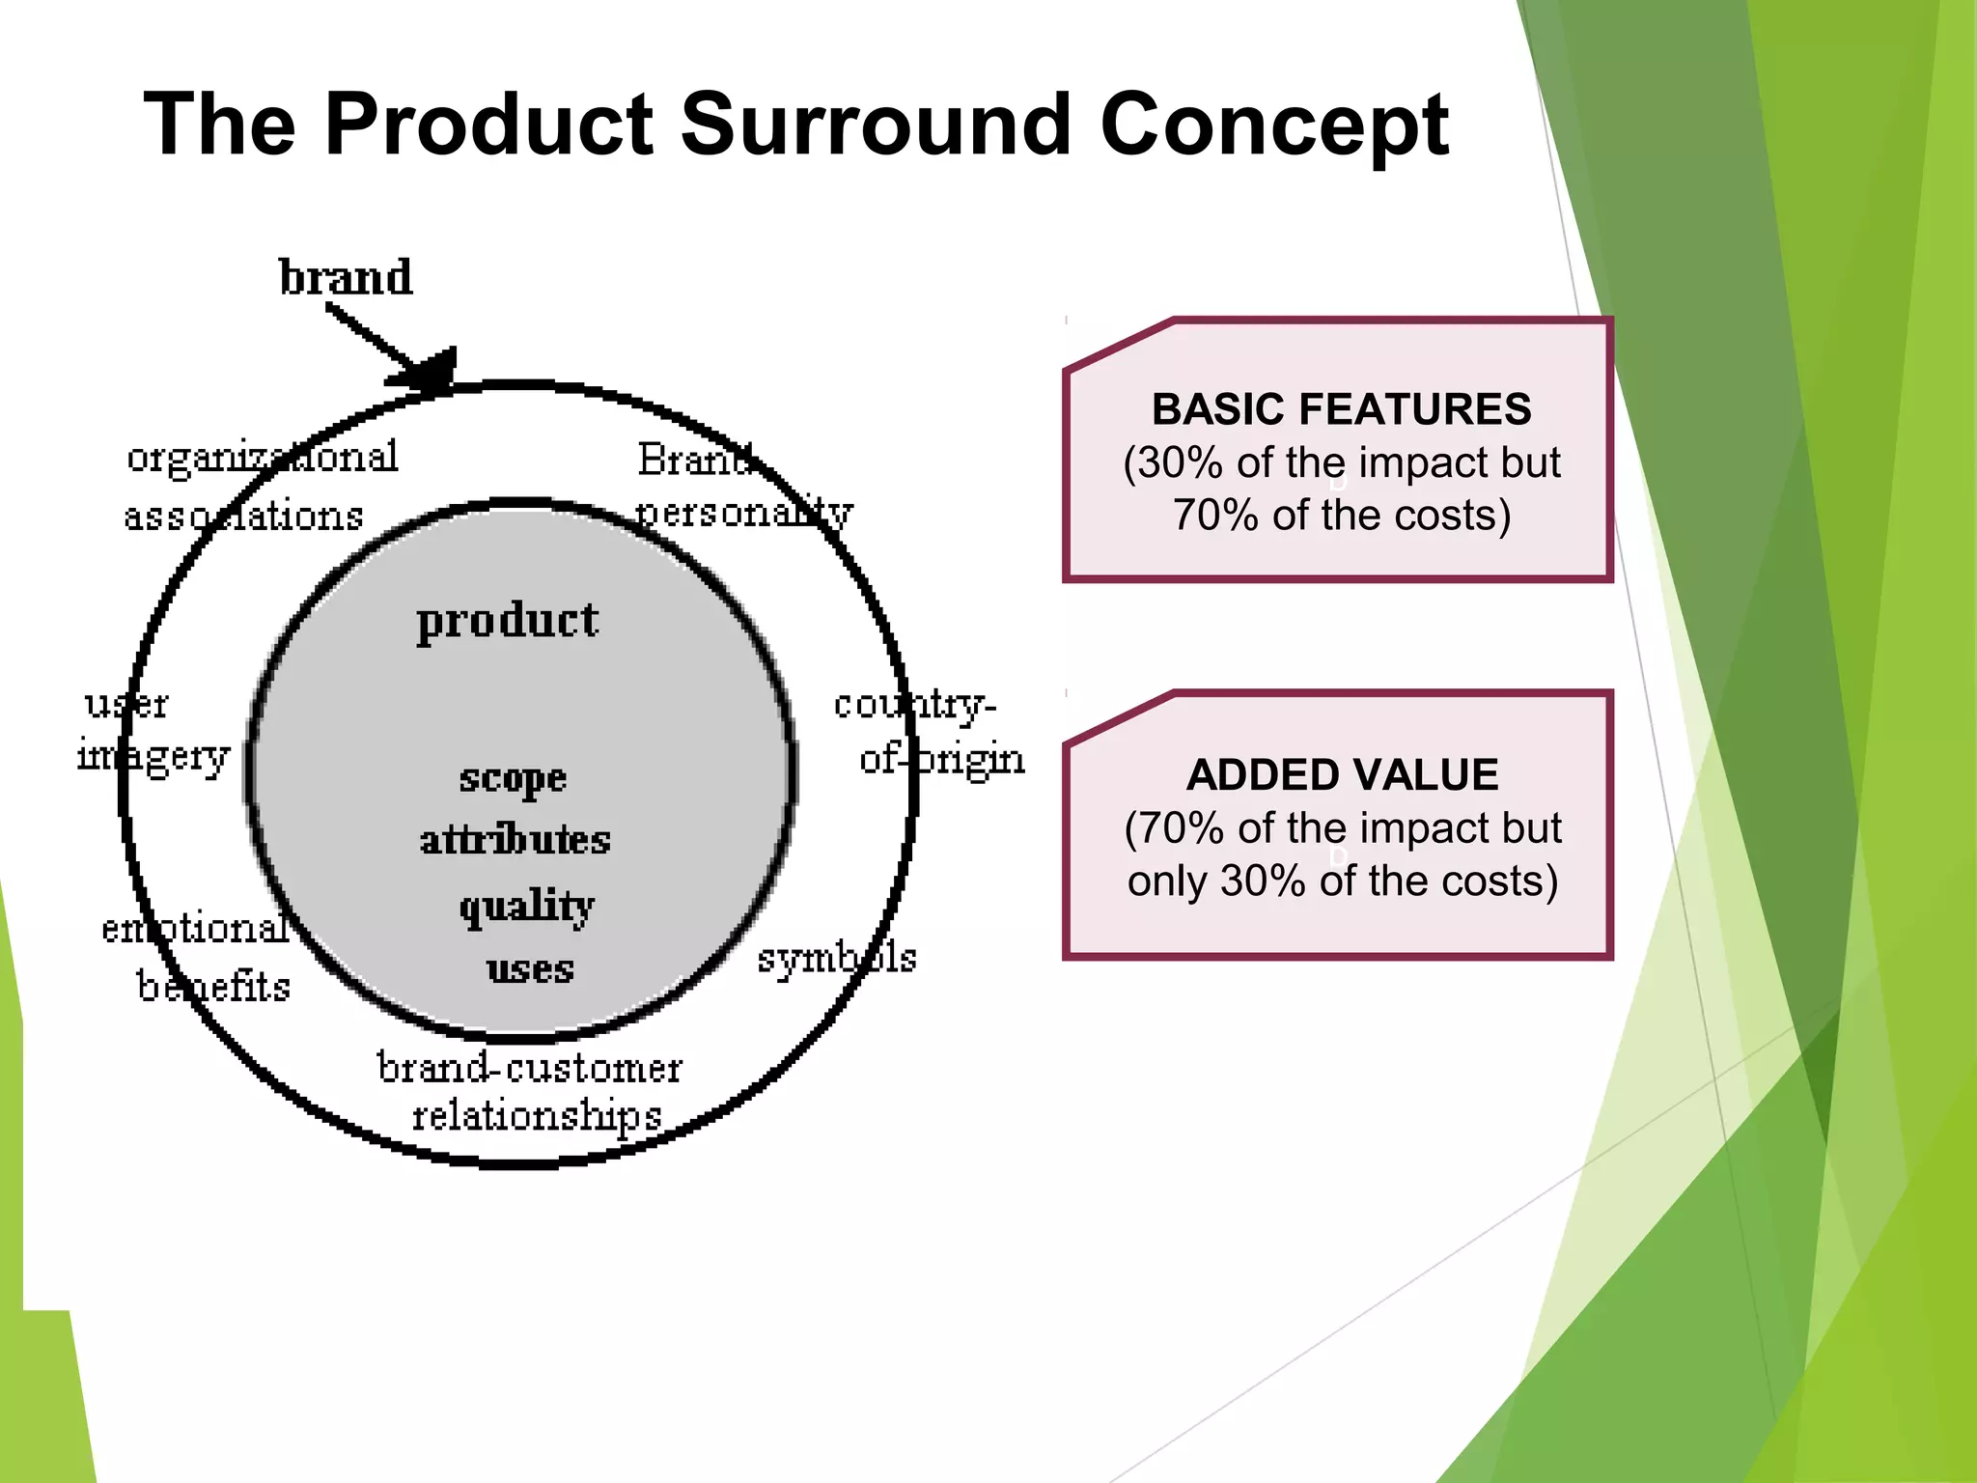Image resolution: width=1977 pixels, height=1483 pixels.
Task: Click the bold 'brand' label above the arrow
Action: tap(346, 277)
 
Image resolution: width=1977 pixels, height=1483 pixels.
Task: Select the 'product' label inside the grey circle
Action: tap(508, 621)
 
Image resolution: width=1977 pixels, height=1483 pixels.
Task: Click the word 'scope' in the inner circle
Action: tap(513, 778)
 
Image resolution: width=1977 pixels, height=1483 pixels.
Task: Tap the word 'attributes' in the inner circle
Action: tap(515, 840)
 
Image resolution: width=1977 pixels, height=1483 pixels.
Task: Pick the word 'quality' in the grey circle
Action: tap(527, 907)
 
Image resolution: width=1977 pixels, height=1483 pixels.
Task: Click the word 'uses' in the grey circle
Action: tap(530, 968)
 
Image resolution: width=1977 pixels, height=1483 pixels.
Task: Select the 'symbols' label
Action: tap(837, 958)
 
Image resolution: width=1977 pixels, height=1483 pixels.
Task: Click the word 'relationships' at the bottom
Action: tap(537, 1117)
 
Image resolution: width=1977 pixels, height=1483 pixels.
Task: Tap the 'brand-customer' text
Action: tap(529, 1068)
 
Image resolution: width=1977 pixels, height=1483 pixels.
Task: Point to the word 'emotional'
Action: tap(196, 928)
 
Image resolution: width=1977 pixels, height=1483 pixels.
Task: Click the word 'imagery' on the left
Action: tap(154, 755)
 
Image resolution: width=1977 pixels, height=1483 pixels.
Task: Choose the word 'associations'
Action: tap(243, 517)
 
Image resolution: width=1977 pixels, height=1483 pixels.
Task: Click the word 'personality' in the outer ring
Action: tap(744, 512)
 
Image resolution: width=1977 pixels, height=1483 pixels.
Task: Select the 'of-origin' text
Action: tap(942, 759)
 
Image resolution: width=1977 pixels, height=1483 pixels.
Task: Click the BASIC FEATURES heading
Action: tap(1341, 409)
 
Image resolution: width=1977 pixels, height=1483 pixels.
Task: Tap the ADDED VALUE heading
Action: tap(1342, 775)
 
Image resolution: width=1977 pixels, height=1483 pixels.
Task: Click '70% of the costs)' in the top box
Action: tap(1341, 516)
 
